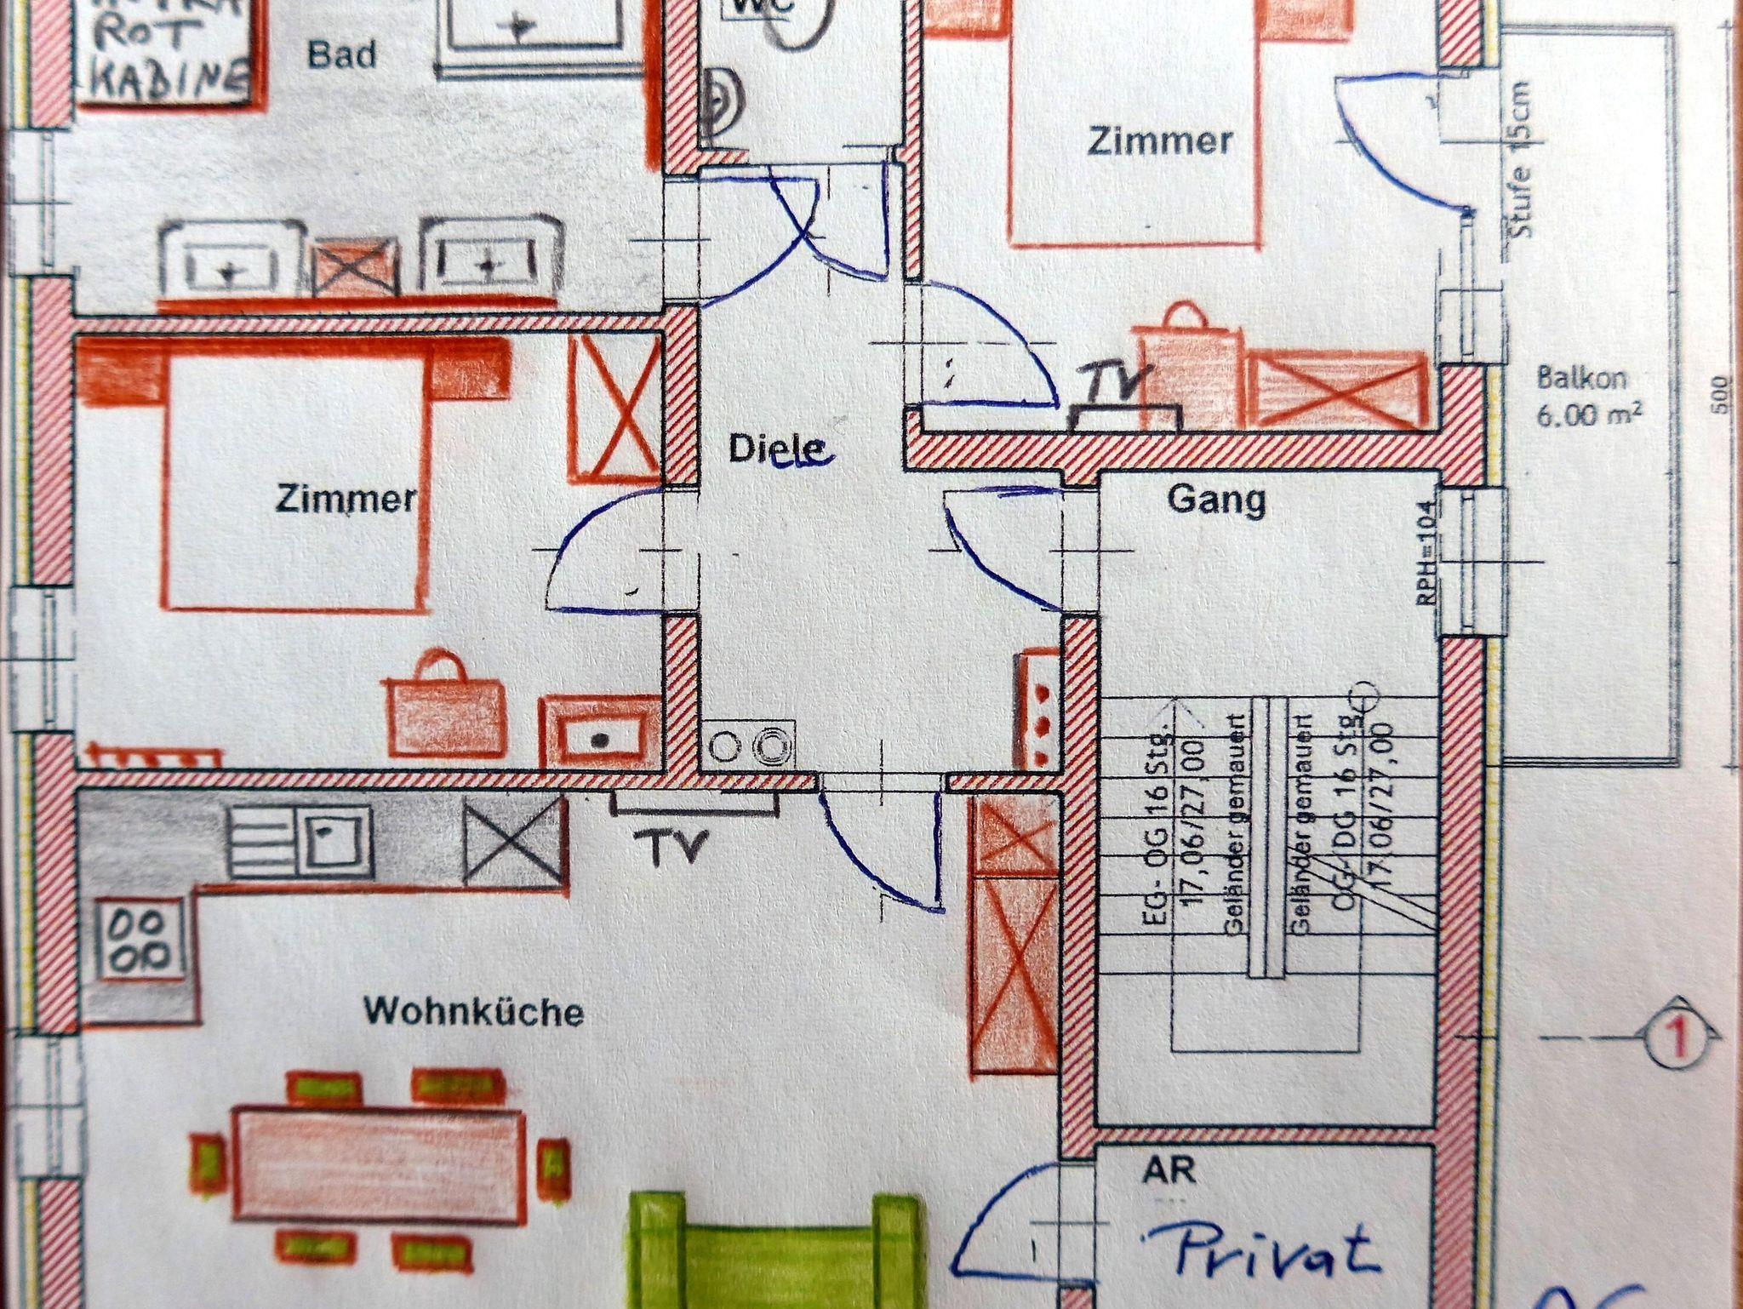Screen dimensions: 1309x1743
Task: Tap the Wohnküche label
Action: (474, 1012)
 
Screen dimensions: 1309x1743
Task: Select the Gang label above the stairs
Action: (1216, 500)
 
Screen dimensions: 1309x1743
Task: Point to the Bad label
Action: (341, 55)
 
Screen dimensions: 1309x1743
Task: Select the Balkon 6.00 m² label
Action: (1588, 397)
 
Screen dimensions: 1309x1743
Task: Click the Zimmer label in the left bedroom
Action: (346, 500)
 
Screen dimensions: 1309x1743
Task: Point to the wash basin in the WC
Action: (721, 102)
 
